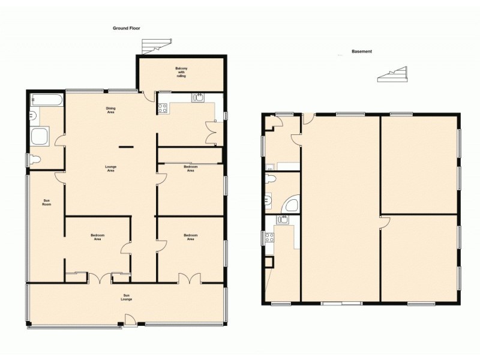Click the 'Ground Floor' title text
[x=126, y=28]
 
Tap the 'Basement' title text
[x=362, y=52]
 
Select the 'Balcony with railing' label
[x=181, y=72]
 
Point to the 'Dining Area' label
[x=110, y=110]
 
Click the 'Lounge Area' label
[x=110, y=169]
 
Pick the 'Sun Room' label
[x=46, y=202]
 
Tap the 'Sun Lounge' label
[x=127, y=298]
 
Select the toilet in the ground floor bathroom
[x=35, y=159]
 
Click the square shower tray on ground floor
[x=41, y=136]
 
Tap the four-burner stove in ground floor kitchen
[x=162, y=108]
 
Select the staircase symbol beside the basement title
[x=392, y=75]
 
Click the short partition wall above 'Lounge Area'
[x=125, y=146]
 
